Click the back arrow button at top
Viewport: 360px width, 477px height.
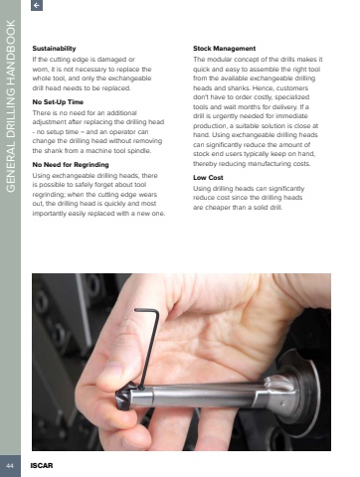[x=37, y=5]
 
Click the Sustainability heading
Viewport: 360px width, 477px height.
[x=54, y=49]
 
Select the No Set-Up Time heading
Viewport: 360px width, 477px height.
[x=58, y=102]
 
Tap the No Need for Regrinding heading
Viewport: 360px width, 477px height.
[x=71, y=165]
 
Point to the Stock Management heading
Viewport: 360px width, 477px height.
[x=224, y=49]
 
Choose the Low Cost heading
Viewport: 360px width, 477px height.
[x=208, y=178]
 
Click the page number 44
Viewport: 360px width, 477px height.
[x=10, y=466]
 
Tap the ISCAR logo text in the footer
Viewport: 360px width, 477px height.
[x=42, y=466]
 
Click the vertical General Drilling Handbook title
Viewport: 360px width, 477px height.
[x=11, y=106]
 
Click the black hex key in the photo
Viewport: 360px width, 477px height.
[x=151, y=345]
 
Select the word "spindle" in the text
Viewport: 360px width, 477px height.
[x=139, y=151]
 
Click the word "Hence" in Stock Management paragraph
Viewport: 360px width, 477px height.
[x=263, y=88]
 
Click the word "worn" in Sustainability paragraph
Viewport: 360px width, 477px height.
[x=39, y=70]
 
